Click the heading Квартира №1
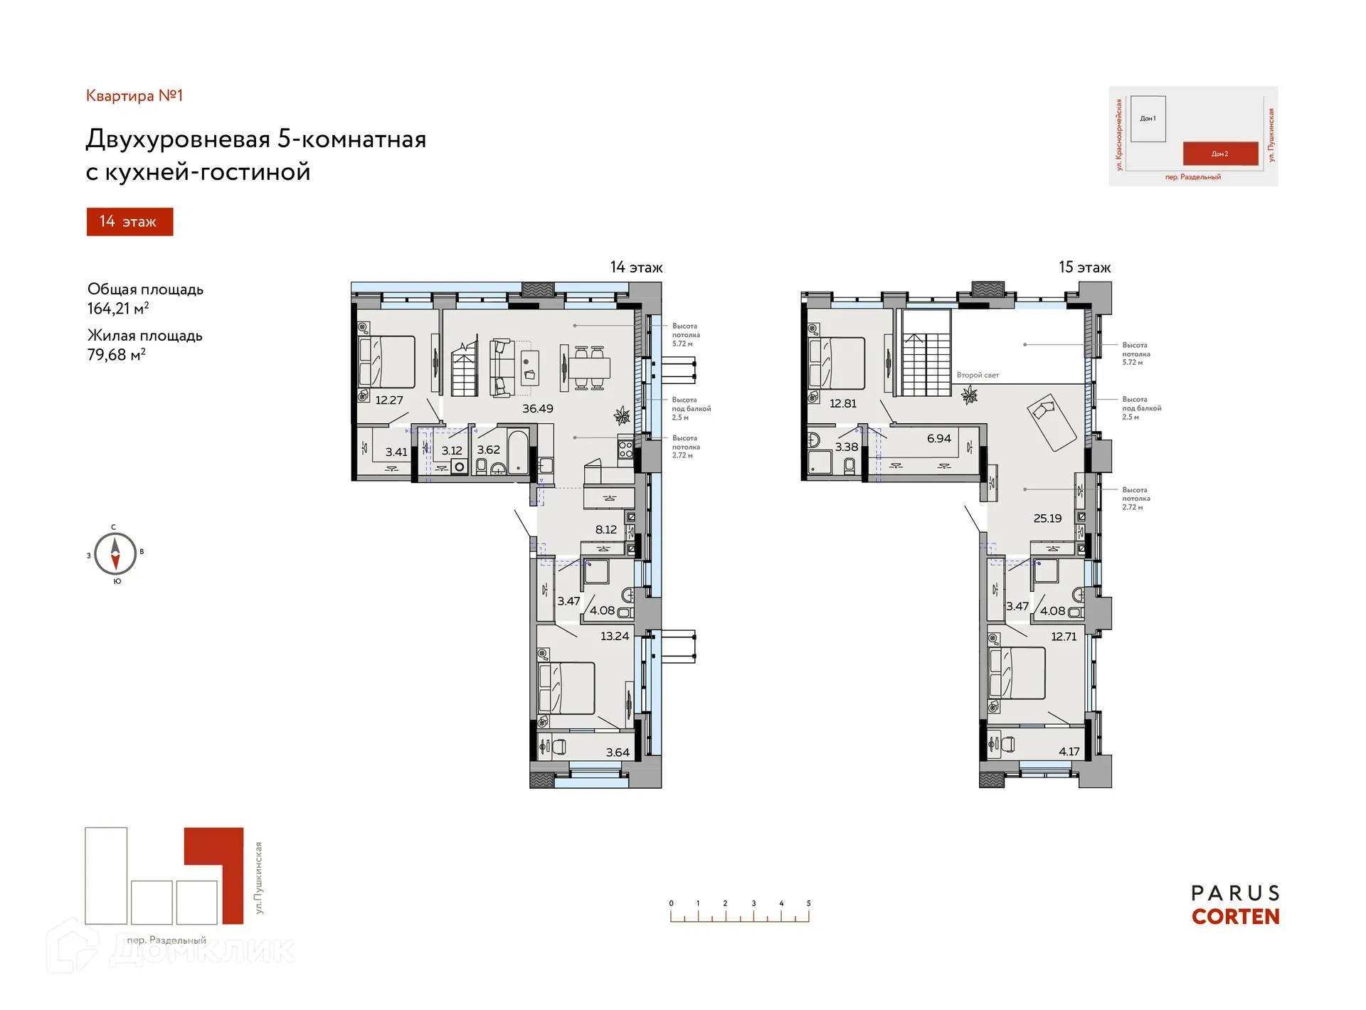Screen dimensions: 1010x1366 click(x=134, y=95)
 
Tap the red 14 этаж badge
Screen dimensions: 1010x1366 click(x=129, y=221)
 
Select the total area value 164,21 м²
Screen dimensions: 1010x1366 click(x=118, y=309)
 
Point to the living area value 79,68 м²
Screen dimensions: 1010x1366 click(x=117, y=354)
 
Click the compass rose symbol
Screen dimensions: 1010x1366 click(x=115, y=553)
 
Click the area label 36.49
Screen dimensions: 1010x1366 click(x=537, y=408)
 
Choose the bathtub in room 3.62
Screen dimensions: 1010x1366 click(x=518, y=450)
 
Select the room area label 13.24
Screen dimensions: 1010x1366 click(x=614, y=636)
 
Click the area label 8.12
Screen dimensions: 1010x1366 click(x=605, y=529)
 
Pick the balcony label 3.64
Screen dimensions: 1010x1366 click(x=617, y=752)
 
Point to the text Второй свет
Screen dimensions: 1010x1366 click(x=978, y=375)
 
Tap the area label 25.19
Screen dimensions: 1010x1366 click(x=1047, y=518)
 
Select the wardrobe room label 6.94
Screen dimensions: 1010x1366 click(x=938, y=438)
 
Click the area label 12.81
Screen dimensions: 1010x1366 click(x=842, y=403)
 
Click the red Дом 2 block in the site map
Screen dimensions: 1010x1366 click(x=1219, y=154)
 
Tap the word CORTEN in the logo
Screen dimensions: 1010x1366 click(x=1235, y=917)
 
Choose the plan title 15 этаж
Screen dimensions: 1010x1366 click(x=1084, y=267)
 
